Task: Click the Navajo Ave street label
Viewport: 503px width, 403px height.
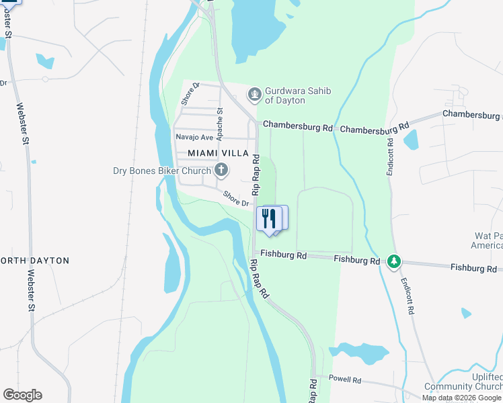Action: click(x=194, y=137)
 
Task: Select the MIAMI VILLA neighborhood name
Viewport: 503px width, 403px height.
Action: click(x=214, y=153)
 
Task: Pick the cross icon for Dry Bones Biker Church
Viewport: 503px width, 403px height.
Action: click(x=221, y=170)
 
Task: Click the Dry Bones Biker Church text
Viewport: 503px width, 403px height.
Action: click(x=161, y=171)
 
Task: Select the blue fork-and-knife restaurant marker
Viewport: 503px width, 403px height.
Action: click(x=268, y=218)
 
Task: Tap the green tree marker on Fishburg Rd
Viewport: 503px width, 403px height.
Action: click(x=395, y=261)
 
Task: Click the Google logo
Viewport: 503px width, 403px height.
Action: click(x=22, y=395)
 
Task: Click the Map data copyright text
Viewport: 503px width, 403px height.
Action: click(x=461, y=398)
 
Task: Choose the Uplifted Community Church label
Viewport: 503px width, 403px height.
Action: click(x=463, y=382)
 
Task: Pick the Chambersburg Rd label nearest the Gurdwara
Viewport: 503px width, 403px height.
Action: click(x=297, y=126)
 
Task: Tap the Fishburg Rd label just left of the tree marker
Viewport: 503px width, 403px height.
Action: click(x=356, y=260)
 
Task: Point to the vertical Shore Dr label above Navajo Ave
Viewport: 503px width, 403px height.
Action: click(x=191, y=94)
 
